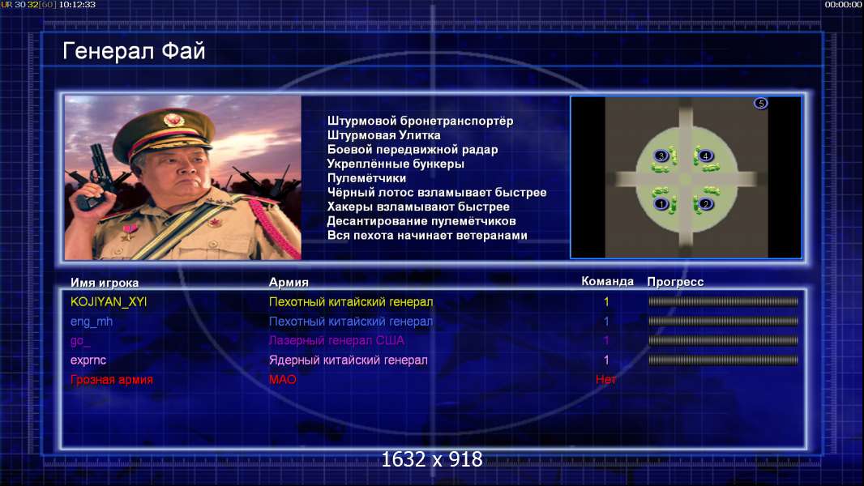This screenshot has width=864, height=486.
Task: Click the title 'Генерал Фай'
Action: (134, 51)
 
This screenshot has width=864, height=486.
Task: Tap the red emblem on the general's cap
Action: (174, 119)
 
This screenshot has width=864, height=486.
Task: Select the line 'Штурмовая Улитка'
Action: (383, 135)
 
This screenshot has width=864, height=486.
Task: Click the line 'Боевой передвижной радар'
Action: (413, 150)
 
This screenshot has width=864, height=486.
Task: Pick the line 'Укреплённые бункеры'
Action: (396, 164)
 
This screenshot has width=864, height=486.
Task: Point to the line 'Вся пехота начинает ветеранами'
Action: (427, 236)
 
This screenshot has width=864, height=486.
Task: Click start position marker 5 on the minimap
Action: (760, 103)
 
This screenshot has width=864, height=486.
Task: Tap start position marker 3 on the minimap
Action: (661, 156)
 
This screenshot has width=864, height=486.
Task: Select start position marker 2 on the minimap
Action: (705, 204)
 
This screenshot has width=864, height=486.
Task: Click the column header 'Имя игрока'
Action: (105, 283)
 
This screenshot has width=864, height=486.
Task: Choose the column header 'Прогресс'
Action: (675, 282)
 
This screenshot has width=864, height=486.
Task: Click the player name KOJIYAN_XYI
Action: (109, 301)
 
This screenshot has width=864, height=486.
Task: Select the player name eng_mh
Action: (92, 322)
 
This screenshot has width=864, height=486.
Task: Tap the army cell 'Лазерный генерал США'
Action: (336, 341)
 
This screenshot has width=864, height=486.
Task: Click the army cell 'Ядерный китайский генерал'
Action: (349, 360)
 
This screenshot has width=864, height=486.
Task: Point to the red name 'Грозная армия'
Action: (111, 379)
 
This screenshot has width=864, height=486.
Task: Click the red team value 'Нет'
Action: (606, 379)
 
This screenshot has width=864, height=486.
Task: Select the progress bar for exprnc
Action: (723, 360)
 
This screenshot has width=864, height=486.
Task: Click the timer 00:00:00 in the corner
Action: (843, 4)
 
